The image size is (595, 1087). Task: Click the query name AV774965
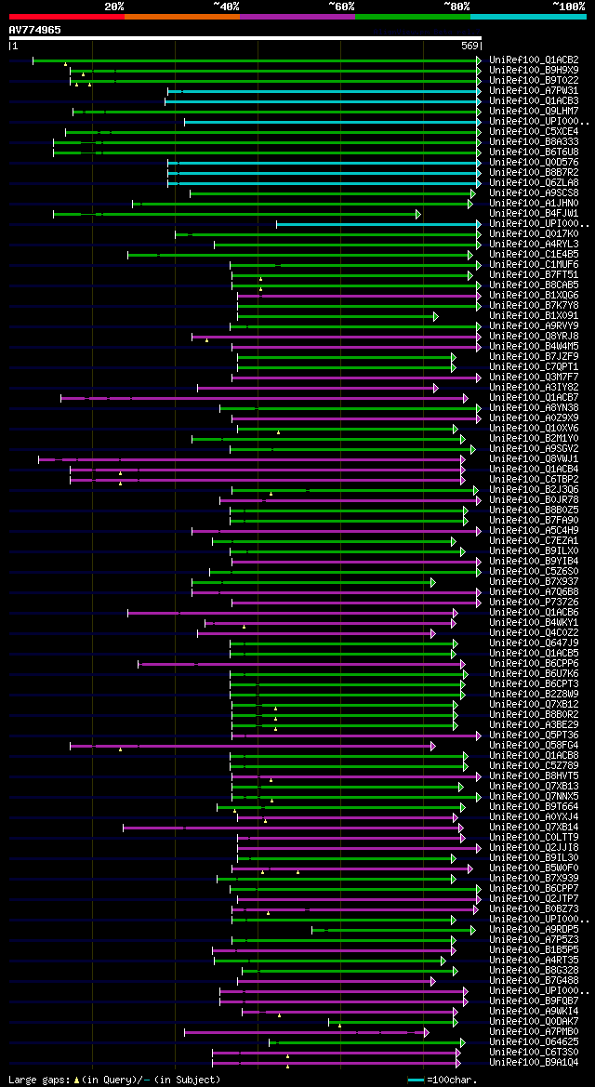tap(35, 30)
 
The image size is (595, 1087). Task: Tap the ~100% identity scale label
tap(568, 6)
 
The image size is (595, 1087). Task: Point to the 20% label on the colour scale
tap(114, 6)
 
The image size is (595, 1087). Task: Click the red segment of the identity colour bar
tap(66, 17)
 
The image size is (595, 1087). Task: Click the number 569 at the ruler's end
tap(469, 46)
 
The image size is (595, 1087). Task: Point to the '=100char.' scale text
tap(455, 1080)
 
